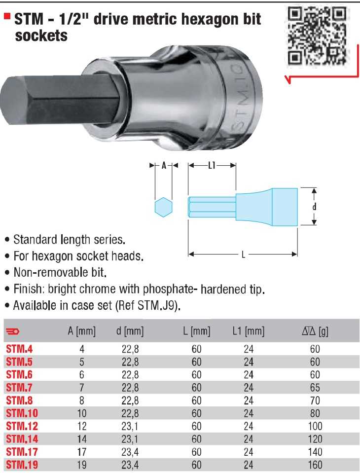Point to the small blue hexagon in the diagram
click(163, 207)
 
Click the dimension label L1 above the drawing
click(212, 165)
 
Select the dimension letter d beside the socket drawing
click(314, 207)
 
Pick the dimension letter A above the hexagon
click(164, 165)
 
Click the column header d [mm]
click(130, 331)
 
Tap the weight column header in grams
click(315, 331)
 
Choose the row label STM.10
click(22, 413)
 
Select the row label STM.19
click(22, 465)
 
